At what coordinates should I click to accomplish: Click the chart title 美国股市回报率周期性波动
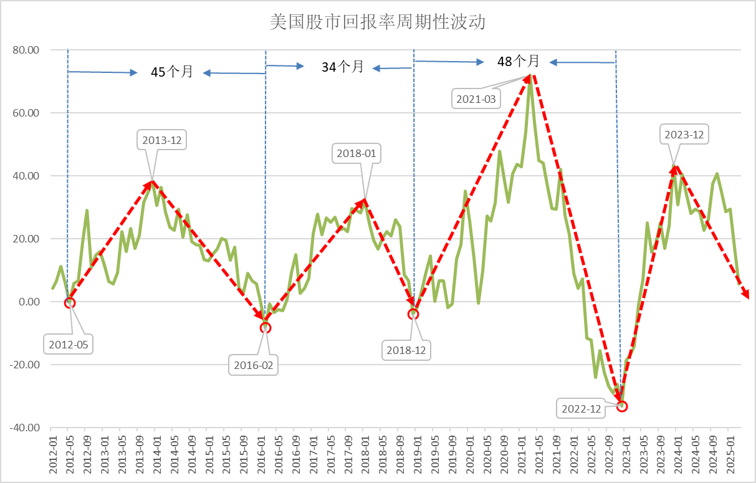(x=378, y=22)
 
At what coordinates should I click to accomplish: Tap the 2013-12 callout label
(x=162, y=141)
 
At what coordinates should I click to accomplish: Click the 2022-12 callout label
(x=581, y=409)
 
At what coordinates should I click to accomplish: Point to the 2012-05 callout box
(x=69, y=344)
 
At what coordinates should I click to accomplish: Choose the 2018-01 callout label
(x=357, y=153)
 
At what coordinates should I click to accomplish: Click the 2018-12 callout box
(x=406, y=350)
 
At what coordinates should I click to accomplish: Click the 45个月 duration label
(x=172, y=72)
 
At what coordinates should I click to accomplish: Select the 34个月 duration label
(x=342, y=67)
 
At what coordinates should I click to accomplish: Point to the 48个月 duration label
(x=518, y=61)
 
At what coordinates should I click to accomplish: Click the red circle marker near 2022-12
(x=621, y=406)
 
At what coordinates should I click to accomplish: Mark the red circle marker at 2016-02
(x=266, y=327)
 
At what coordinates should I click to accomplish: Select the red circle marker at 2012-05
(x=69, y=303)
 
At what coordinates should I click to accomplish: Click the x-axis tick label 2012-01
(x=52, y=457)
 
